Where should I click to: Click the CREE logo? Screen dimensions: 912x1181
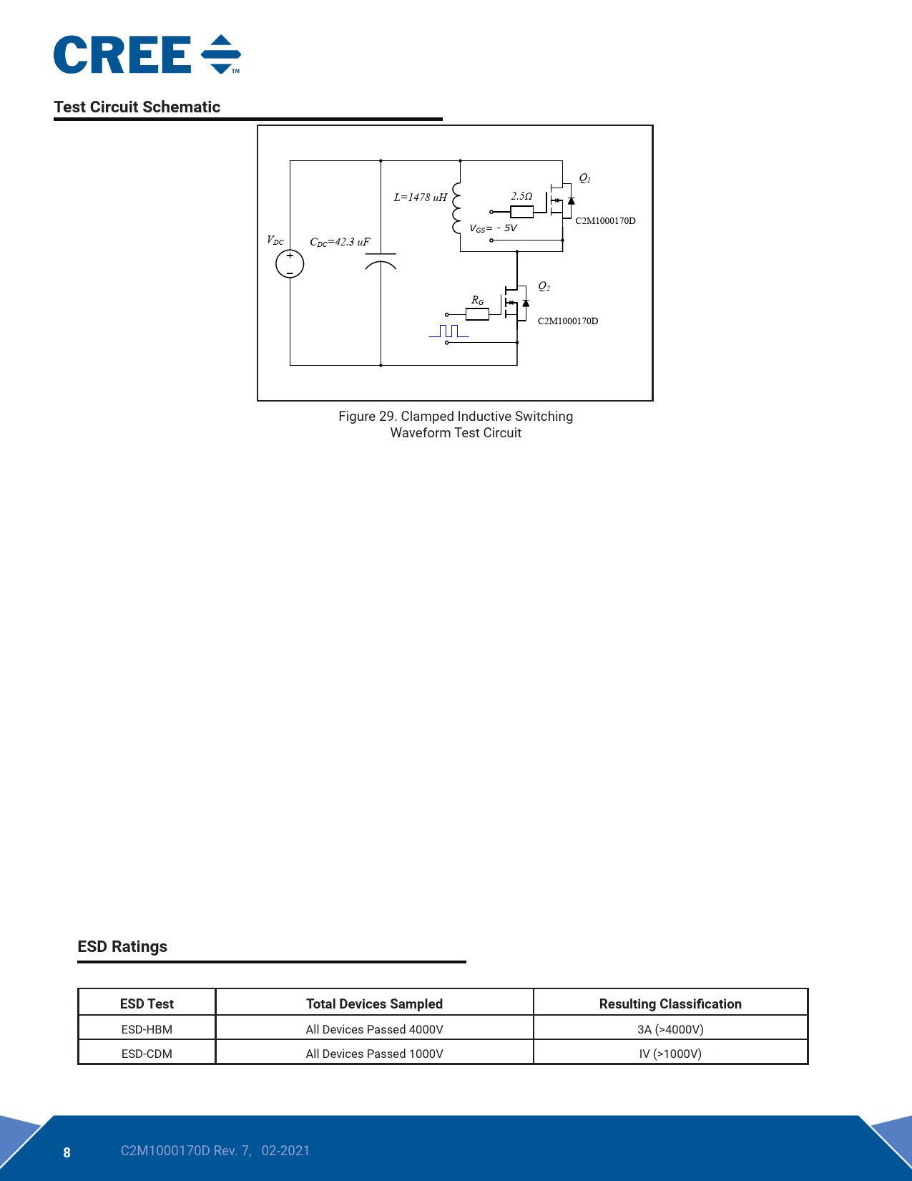(147, 54)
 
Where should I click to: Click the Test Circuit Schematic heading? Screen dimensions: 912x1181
(137, 107)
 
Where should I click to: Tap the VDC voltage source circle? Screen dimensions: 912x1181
(290, 264)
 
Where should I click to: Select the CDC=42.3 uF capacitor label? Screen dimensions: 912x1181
(340, 242)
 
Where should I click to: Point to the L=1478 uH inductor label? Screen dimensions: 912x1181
(421, 198)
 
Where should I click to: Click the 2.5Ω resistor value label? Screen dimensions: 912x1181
(521, 196)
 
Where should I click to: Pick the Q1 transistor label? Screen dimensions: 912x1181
(585, 178)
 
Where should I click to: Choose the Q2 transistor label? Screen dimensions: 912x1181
(544, 286)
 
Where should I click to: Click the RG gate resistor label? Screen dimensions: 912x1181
(477, 301)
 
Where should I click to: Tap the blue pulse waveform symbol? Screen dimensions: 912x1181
(448, 331)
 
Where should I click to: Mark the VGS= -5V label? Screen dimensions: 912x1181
(494, 228)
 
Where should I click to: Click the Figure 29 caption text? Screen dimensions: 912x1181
(456, 424)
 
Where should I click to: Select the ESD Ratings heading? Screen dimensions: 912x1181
(122, 946)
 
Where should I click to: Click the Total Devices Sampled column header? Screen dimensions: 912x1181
(374, 1003)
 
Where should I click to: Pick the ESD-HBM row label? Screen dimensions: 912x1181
(147, 1029)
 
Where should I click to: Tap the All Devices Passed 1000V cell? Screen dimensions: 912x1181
(374, 1054)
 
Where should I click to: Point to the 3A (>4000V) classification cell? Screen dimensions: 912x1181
(670, 1029)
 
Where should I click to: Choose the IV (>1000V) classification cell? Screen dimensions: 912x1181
(670, 1054)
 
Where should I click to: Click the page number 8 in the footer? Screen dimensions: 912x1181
(67, 1152)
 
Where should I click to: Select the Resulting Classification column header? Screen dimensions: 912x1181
(670, 1003)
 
